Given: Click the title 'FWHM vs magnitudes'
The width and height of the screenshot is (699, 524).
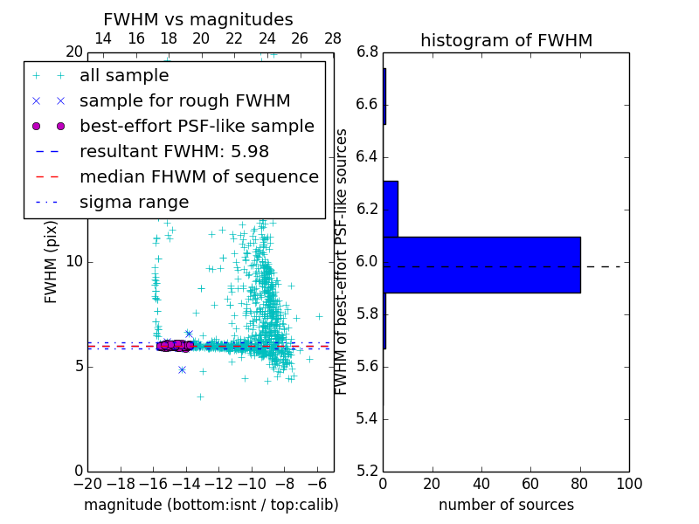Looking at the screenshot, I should coord(197,19).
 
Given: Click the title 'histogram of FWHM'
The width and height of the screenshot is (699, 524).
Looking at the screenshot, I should coord(506,40).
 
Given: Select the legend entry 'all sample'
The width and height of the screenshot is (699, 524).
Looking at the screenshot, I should coord(124,76).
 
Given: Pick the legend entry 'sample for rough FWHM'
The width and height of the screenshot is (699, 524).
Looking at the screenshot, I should coord(184,100).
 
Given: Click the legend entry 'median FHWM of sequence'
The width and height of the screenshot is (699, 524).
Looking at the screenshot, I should coord(198,176).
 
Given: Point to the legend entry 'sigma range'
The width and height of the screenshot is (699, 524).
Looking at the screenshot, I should coord(134,202).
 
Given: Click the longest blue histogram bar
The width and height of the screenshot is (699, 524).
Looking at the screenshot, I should coord(481,265).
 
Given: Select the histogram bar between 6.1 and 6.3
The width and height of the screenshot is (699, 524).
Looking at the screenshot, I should coord(391,209).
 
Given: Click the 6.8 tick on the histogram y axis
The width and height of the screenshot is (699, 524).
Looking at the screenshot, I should coord(368,52).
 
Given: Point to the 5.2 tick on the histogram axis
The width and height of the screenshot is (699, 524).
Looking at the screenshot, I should coord(368,471).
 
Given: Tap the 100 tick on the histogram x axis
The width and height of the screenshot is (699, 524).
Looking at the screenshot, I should coord(629,484).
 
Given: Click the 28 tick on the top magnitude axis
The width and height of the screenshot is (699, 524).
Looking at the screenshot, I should coord(333,38).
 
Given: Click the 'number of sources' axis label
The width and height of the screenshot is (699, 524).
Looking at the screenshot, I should coord(506,505).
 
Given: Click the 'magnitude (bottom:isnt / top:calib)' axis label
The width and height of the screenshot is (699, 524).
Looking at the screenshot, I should coord(211,505).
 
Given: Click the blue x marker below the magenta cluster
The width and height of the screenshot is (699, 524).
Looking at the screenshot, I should coord(182,369).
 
